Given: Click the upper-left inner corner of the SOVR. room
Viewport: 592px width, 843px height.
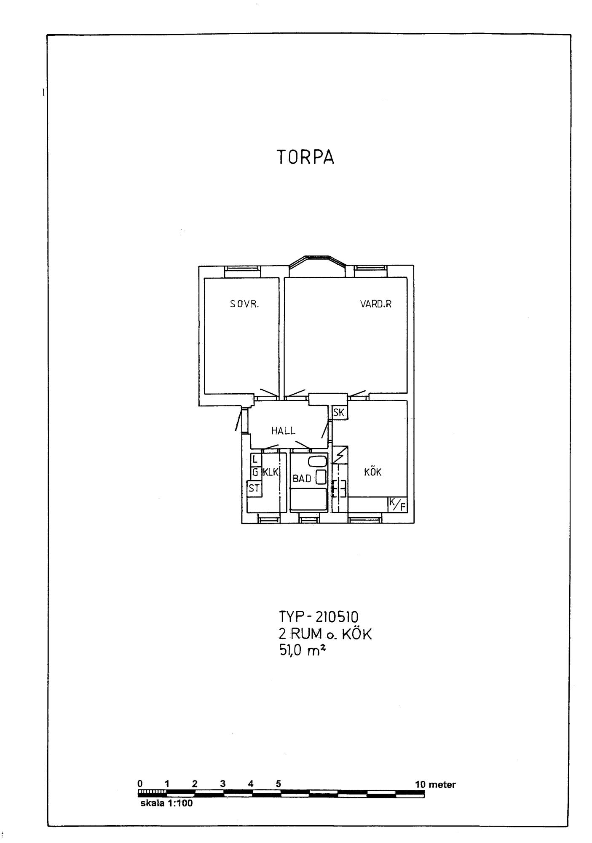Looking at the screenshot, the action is pyautogui.click(x=204, y=278).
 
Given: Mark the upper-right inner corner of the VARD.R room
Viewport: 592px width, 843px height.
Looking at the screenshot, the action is pyautogui.click(x=407, y=277).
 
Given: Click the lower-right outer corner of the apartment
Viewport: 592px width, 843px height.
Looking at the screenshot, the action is pyautogui.click(x=414, y=523).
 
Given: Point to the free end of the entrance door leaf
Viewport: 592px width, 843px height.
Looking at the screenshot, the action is pyautogui.click(x=236, y=431).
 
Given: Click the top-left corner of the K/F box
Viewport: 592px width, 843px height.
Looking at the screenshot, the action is pyautogui.click(x=388, y=497).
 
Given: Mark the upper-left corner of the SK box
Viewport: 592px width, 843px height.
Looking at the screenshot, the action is pyautogui.click(x=332, y=406).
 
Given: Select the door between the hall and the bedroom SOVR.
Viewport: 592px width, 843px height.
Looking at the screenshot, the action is pyautogui.click(x=268, y=393).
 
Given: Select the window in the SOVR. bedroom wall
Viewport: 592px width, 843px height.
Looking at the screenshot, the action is pyautogui.click(x=242, y=271).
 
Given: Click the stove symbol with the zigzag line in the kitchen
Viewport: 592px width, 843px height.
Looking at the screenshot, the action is pyautogui.click(x=340, y=455).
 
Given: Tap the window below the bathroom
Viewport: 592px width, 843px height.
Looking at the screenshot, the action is pyautogui.click(x=309, y=518).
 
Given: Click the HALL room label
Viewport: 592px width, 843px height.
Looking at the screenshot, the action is pyautogui.click(x=283, y=431).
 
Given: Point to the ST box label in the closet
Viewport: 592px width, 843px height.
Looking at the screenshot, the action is pyautogui.click(x=254, y=489).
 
